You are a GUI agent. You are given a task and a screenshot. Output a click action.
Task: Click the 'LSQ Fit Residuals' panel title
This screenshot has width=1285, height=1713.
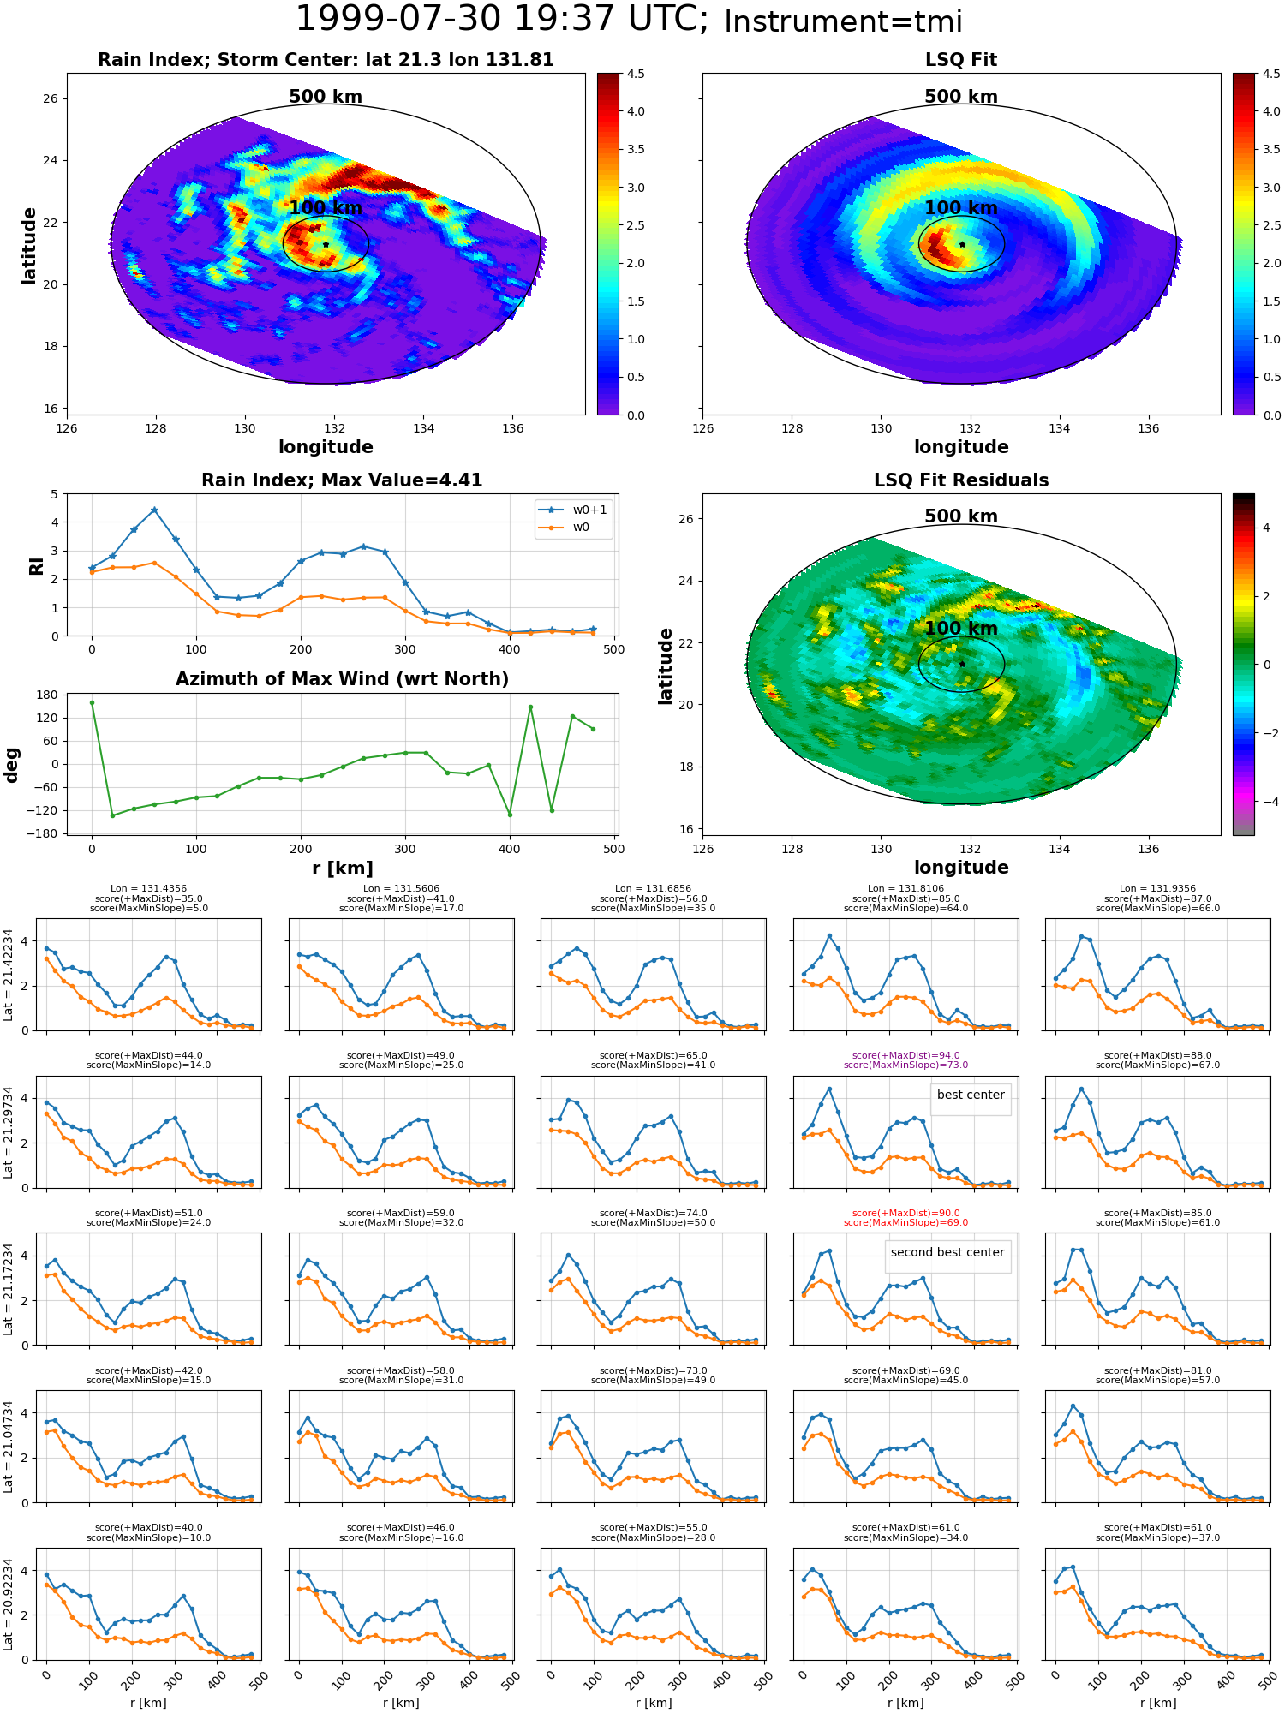pos(961,480)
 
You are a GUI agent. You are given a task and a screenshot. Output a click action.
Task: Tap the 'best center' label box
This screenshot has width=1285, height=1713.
pos(971,1095)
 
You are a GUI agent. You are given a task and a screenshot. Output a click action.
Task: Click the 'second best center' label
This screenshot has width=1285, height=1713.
pos(947,1252)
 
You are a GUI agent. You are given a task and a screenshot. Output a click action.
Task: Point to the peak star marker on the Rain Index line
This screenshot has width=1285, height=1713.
pos(154,510)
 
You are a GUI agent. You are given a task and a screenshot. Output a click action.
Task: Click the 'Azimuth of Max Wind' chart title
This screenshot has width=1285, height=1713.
pos(342,679)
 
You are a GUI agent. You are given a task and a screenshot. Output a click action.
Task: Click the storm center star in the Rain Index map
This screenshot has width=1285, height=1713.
pos(326,244)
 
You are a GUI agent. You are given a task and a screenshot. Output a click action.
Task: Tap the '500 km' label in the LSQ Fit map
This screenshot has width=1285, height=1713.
pos(961,97)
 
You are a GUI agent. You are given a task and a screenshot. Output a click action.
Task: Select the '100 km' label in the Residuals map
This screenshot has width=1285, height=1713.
pos(961,628)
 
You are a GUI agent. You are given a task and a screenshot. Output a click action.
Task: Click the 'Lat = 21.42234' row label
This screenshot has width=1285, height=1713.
pos(9,975)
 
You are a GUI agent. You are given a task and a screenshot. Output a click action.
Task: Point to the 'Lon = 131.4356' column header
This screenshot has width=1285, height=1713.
pos(148,889)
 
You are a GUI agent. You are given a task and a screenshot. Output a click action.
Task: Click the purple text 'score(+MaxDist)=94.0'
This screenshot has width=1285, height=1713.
pos(905,1056)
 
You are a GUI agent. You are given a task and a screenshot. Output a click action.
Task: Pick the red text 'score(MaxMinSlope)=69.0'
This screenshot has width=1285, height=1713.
pos(905,1222)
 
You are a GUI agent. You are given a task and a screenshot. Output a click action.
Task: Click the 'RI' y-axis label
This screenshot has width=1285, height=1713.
pos(36,565)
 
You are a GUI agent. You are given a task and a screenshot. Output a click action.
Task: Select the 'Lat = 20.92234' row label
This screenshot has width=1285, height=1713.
pos(9,1604)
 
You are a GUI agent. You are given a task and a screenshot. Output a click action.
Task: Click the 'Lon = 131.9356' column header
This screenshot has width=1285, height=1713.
pos(1157,889)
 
